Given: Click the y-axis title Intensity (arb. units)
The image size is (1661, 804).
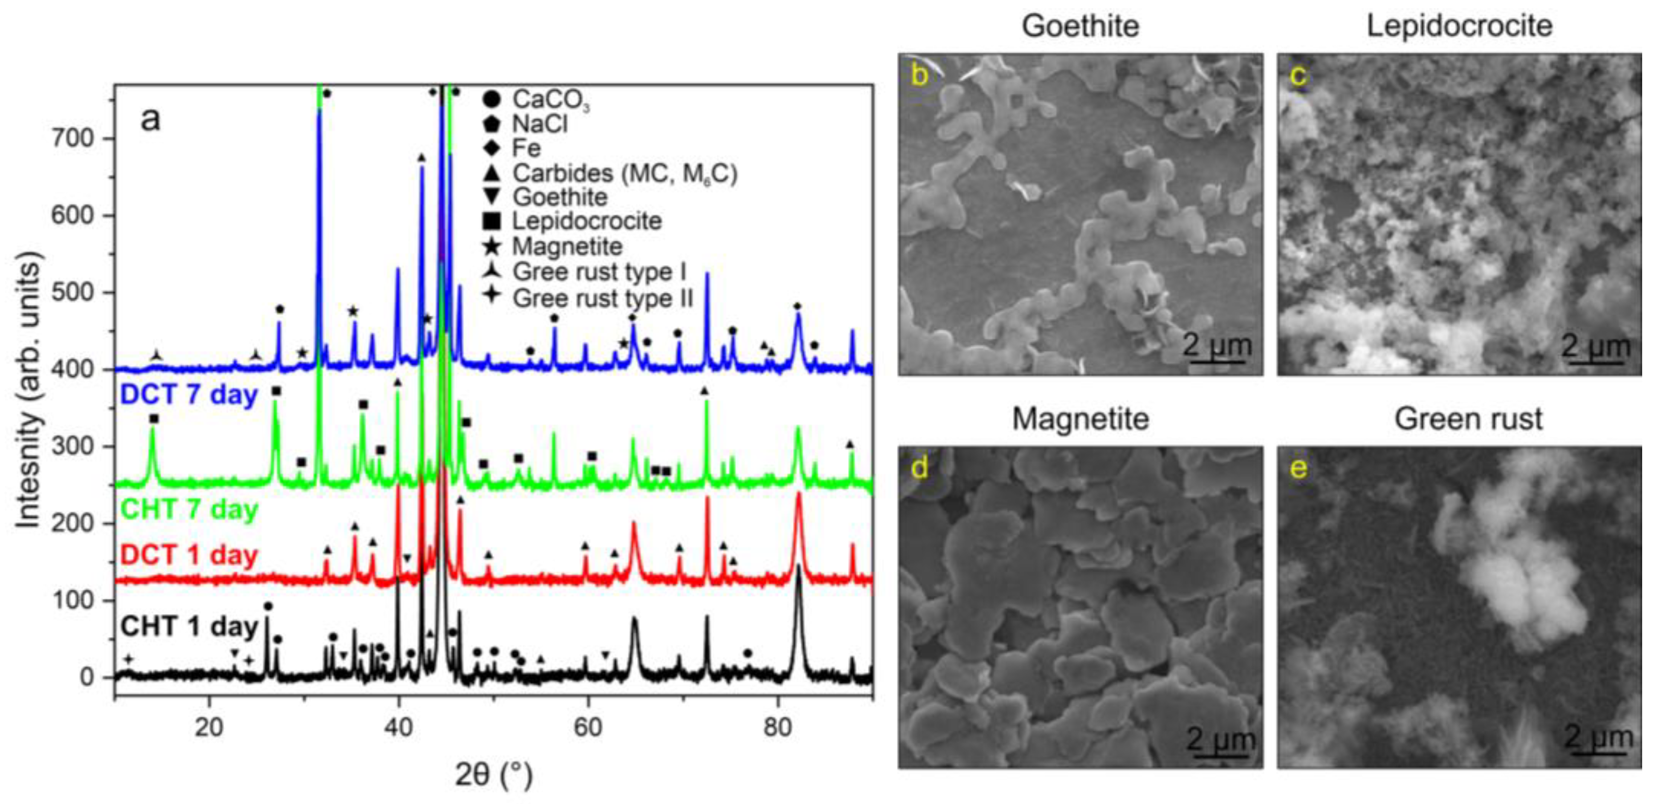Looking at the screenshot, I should pos(29,391).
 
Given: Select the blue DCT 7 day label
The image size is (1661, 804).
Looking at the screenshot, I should pos(189,394).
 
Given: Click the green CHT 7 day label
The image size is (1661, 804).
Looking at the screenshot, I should pos(189,509).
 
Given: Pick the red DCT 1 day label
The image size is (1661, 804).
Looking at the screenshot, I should pos(189,555).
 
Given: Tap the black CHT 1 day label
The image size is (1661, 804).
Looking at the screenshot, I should pos(189,626).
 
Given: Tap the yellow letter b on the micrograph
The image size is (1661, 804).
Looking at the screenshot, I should pos(919,75).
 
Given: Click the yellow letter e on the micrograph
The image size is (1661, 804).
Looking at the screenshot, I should pos(1298,468).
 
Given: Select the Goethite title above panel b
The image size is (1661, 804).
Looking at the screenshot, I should pos(1080,26).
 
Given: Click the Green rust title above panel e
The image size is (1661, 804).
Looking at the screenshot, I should pos(1468,419).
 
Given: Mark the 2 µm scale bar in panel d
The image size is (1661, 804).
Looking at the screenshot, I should pos(1220,741).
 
